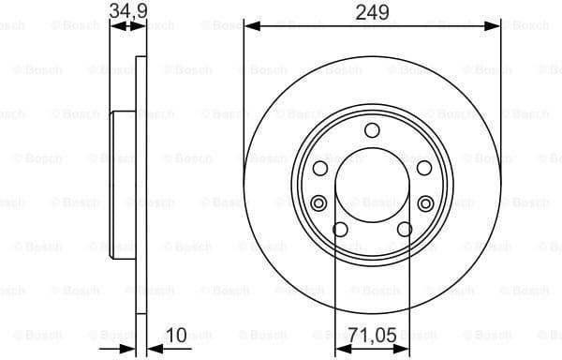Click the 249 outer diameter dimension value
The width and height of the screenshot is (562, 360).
[372, 12]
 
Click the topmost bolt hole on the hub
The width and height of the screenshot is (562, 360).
[372, 130]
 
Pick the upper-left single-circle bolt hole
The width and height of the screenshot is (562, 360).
[320, 167]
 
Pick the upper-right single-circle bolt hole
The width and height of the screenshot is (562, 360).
[423, 167]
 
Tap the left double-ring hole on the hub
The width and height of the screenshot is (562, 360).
[318, 202]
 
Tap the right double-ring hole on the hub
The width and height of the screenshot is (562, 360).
[426, 202]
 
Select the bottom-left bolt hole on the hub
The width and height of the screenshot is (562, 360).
[340, 230]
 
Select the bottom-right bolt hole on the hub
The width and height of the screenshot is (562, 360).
[404, 230]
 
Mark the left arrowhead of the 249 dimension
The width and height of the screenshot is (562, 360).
[250, 28]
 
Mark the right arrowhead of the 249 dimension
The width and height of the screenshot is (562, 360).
[495, 28]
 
